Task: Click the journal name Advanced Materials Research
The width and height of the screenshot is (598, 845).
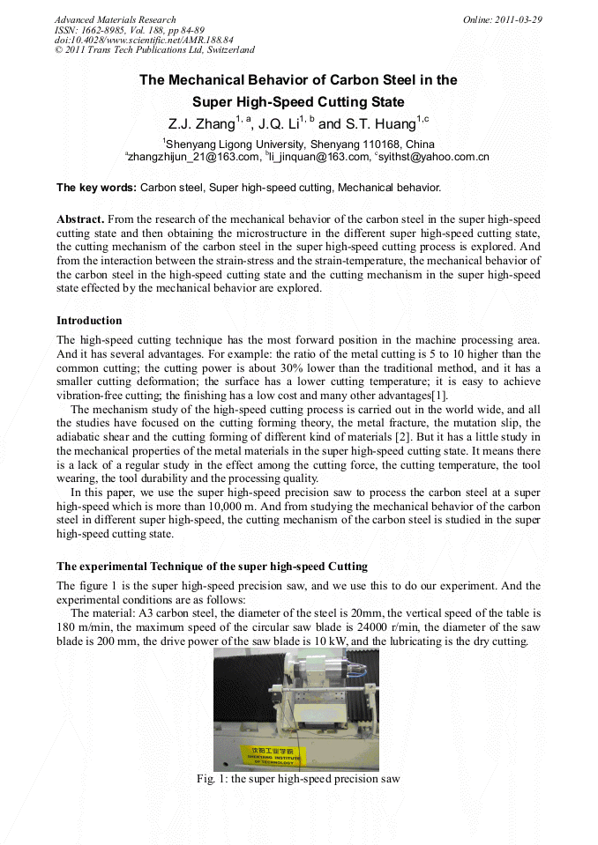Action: click(x=115, y=19)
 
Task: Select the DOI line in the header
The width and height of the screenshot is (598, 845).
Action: click(x=144, y=41)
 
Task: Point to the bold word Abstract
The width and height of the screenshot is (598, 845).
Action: click(x=81, y=219)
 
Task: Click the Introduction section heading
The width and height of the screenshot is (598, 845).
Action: click(x=89, y=321)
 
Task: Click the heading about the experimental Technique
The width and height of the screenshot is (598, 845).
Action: click(x=212, y=566)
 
